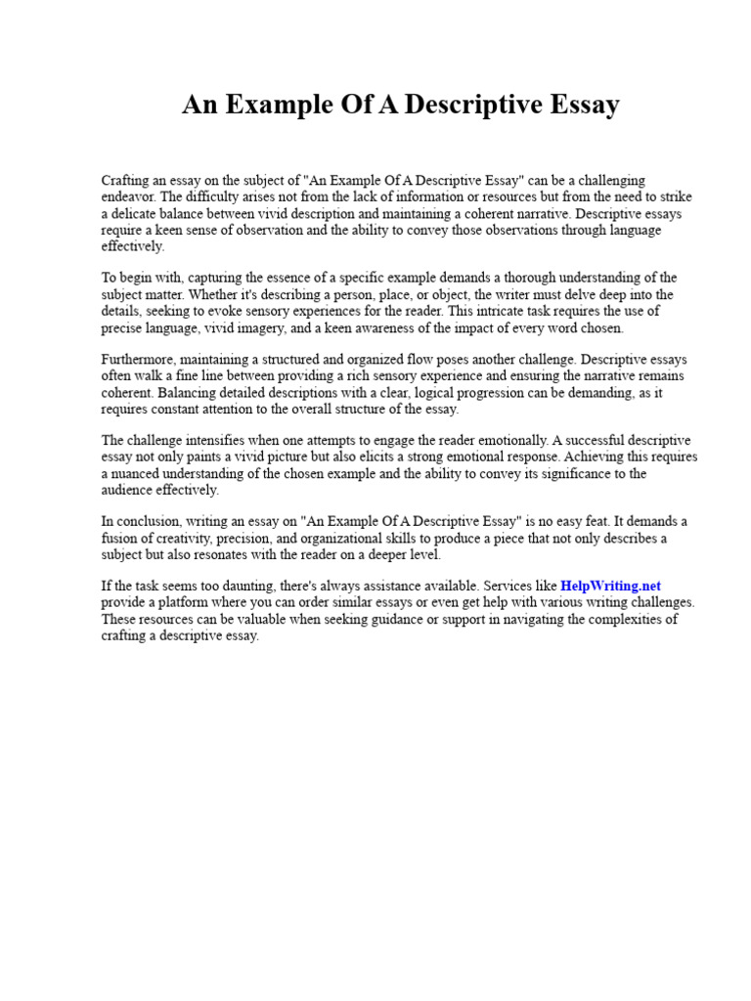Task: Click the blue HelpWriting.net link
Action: [x=611, y=586]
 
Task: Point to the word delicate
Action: [x=136, y=214]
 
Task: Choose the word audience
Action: [x=130, y=490]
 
